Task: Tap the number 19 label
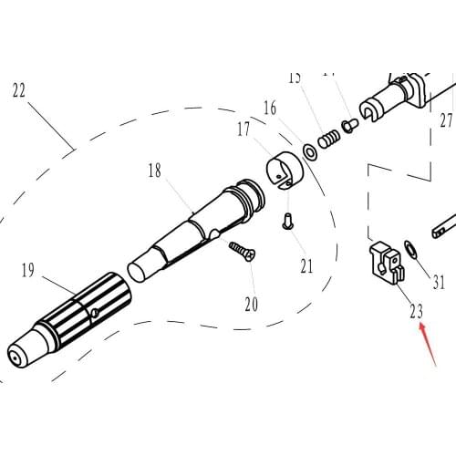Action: (x=27, y=269)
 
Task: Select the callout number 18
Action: (x=154, y=170)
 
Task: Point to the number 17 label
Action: (x=244, y=130)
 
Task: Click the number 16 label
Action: (x=270, y=109)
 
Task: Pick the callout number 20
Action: (x=251, y=303)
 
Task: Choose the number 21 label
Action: (x=306, y=266)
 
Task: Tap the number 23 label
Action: (x=416, y=311)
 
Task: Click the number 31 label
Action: (x=439, y=282)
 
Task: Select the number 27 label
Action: (x=445, y=119)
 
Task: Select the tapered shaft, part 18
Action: (x=196, y=226)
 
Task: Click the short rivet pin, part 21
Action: (x=287, y=221)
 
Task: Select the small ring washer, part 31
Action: (x=409, y=246)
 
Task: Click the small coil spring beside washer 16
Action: (x=331, y=138)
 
